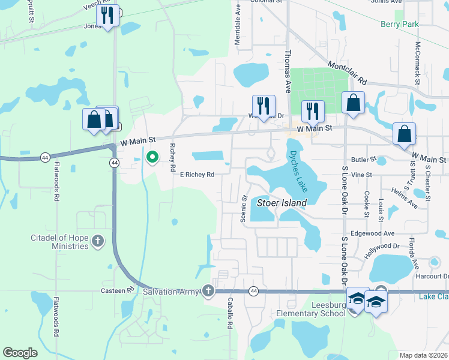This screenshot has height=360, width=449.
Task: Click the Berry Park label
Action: coord(400,24)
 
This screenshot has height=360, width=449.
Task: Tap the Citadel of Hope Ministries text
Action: coord(59,242)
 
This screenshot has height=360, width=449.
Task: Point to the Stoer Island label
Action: coord(282,203)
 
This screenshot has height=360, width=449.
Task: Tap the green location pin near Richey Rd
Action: coord(152,158)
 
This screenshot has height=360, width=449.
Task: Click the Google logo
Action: coord(20,353)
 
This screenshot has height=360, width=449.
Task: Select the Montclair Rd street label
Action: coord(347,71)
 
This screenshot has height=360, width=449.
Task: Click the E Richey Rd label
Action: coord(197,175)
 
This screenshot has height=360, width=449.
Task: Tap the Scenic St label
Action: coord(244,208)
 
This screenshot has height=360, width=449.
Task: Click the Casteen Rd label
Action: coord(122,290)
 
